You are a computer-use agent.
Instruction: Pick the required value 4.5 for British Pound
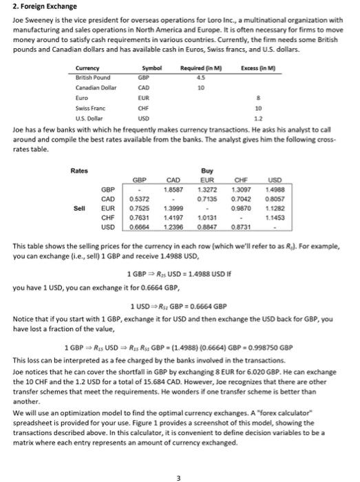coord(200,78)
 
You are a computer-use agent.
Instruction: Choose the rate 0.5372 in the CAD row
coord(141,197)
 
